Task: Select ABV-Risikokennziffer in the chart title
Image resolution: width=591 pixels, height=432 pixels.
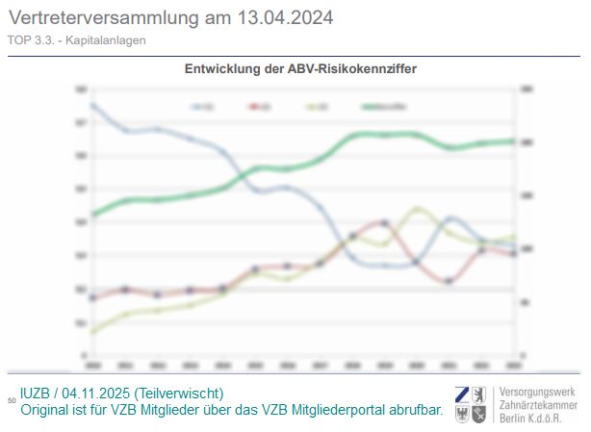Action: click(350, 69)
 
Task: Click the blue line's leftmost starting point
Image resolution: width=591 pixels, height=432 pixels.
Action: click(92, 104)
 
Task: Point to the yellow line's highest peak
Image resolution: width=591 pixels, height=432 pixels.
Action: click(416, 208)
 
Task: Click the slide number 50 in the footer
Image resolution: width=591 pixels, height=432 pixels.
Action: click(12, 399)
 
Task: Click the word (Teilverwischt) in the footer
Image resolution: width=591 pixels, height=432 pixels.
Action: click(180, 394)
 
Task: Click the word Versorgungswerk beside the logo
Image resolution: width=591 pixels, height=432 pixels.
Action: click(535, 393)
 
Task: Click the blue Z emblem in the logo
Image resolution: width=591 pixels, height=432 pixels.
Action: click(463, 394)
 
